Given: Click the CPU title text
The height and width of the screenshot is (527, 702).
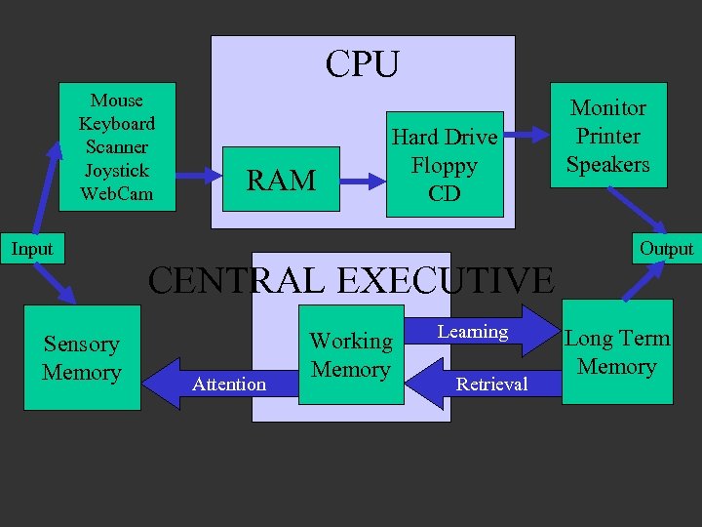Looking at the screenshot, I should click(363, 64).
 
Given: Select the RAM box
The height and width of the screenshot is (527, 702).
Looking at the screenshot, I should click(281, 180).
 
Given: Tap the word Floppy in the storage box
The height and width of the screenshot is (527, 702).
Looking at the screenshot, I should click(445, 165).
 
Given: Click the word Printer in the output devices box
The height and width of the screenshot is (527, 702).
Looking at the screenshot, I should click(607, 136).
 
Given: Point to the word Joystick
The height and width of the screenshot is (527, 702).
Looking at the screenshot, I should click(116, 170).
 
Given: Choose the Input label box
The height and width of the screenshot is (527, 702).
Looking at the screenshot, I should click(32, 249).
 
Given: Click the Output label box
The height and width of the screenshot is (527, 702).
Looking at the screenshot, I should click(666, 249).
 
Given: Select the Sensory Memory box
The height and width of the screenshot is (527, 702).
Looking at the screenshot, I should click(82, 357).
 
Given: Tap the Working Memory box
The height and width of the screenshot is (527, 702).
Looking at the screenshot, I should click(350, 354).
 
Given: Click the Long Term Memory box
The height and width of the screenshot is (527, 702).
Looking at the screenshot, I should click(617, 352).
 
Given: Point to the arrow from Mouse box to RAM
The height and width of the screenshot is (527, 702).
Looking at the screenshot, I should click(201, 177).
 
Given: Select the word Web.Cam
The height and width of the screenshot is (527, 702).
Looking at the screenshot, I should click(116, 193).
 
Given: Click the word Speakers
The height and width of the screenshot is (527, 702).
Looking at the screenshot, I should click(607, 164).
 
